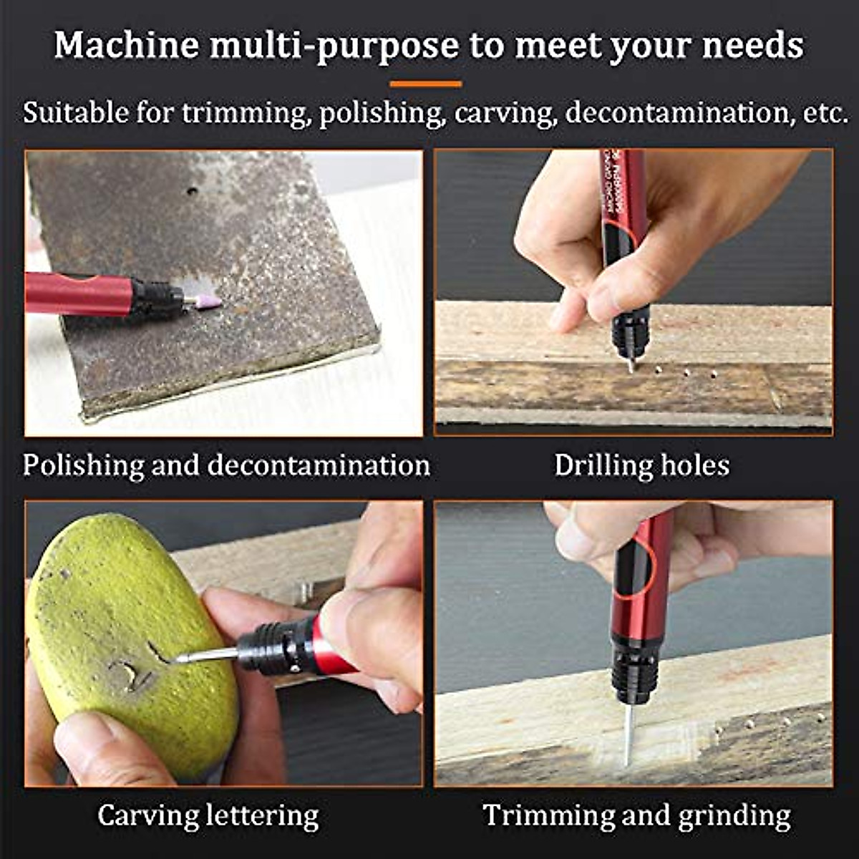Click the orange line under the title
click(426, 84)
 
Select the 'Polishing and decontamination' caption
click(226, 465)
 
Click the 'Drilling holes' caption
click(641, 465)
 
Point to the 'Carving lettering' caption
click(208, 815)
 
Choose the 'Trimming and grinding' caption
click(636, 815)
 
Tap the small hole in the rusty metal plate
click(192, 191)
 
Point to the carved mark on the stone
click(136, 673)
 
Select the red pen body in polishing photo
click(79, 293)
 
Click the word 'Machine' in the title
click(127, 46)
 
